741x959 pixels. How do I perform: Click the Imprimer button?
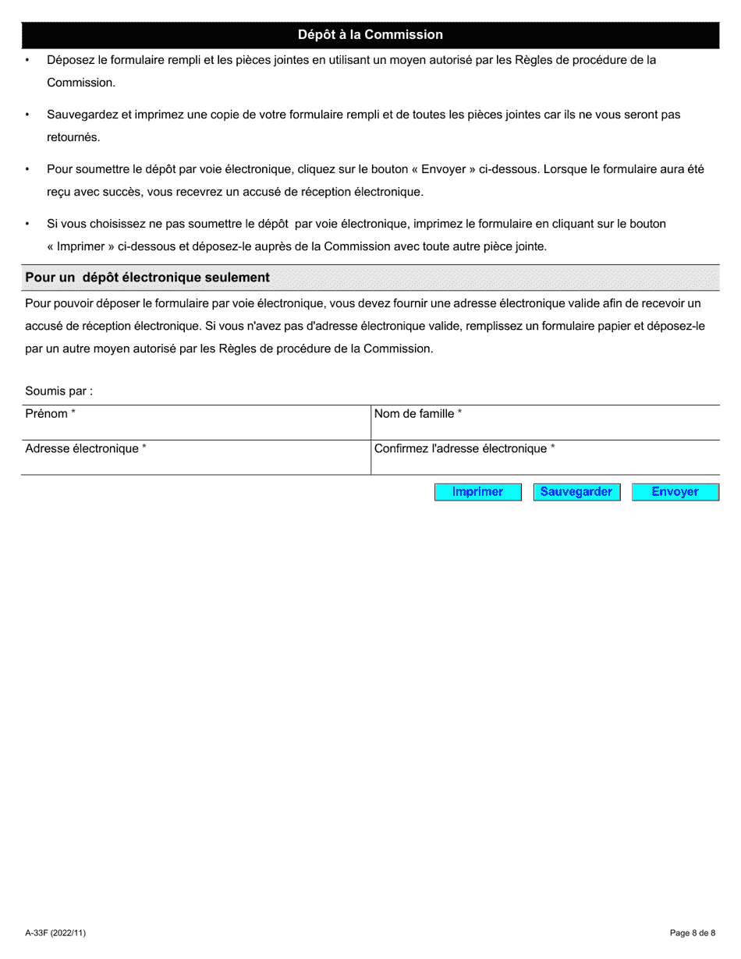click(x=477, y=492)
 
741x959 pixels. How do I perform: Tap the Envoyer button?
click(x=675, y=492)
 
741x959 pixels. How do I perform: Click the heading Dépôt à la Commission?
click(x=370, y=35)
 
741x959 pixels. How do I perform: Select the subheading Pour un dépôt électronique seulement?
click(x=147, y=278)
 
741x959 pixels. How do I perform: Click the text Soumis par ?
click(x=58, y=391)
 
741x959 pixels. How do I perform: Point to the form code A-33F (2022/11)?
click(x=55, y=932)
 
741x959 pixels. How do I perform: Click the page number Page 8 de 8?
click(x=693, y=932)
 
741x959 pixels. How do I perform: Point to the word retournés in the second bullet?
click(x=73, y=137)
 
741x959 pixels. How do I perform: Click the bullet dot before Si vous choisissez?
click(x=27, y=225)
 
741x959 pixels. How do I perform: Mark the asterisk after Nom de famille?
click(x=459, y=412)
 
